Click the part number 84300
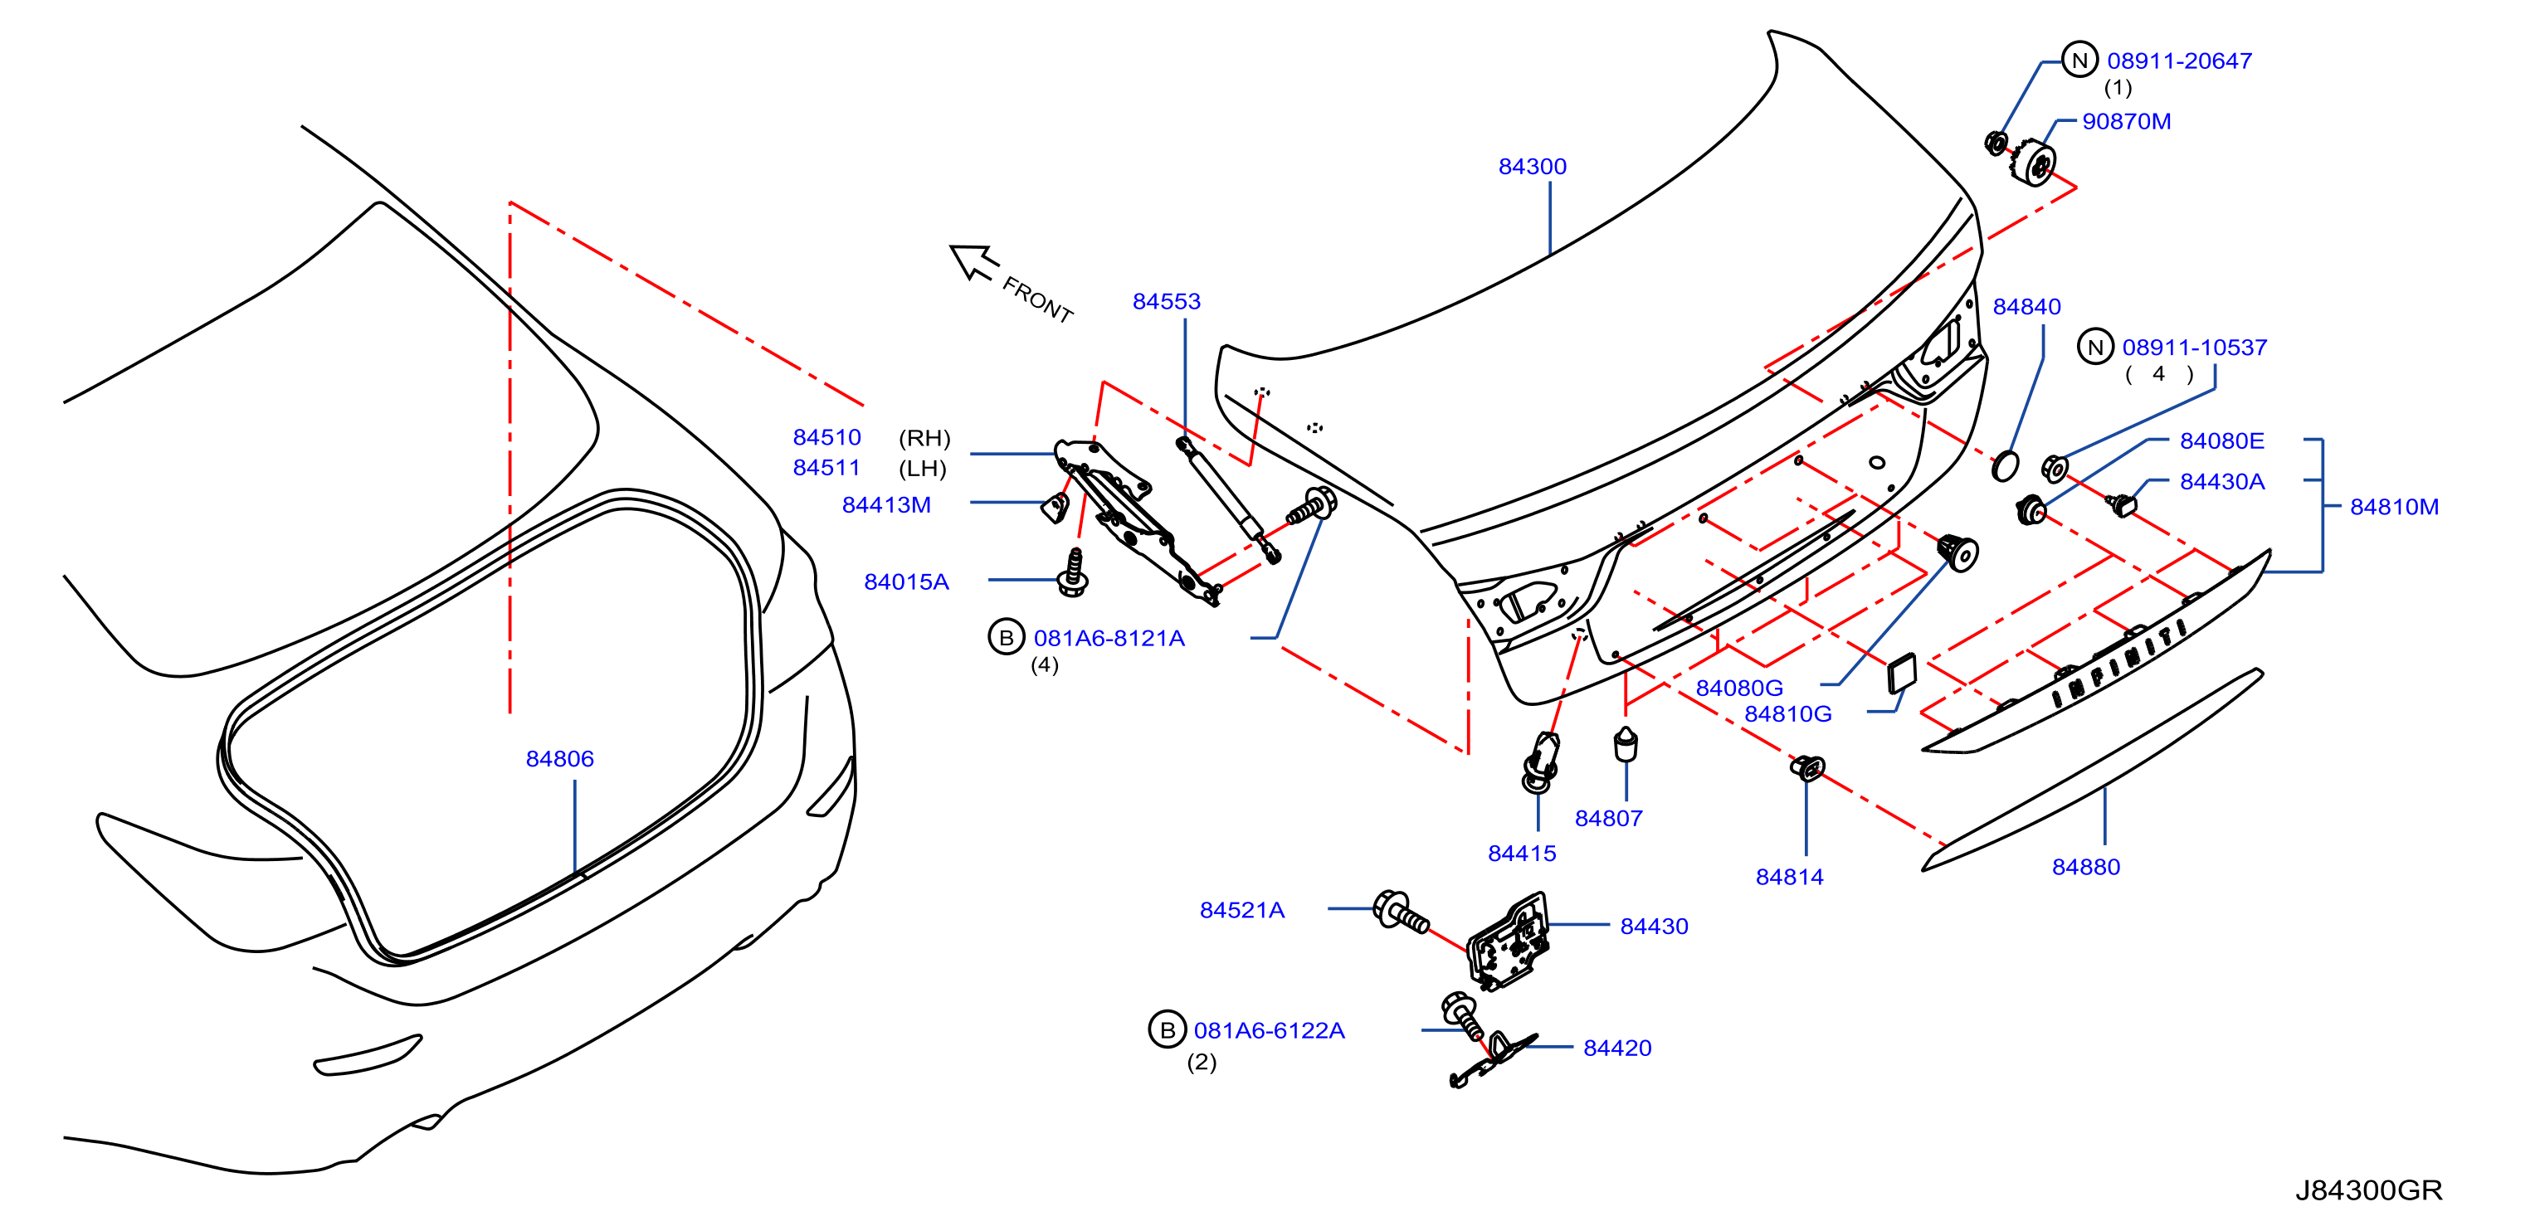(1533, 167)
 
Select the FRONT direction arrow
(973, 262)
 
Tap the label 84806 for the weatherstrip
(560, 759)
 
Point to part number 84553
(1167, 302)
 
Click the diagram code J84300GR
(2368, 1190)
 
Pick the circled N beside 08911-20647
(2079, 60)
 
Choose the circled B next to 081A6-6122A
(1167, 1030)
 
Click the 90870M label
(2126, 121)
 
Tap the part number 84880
(2085, 868)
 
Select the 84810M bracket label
(2394, 507)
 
